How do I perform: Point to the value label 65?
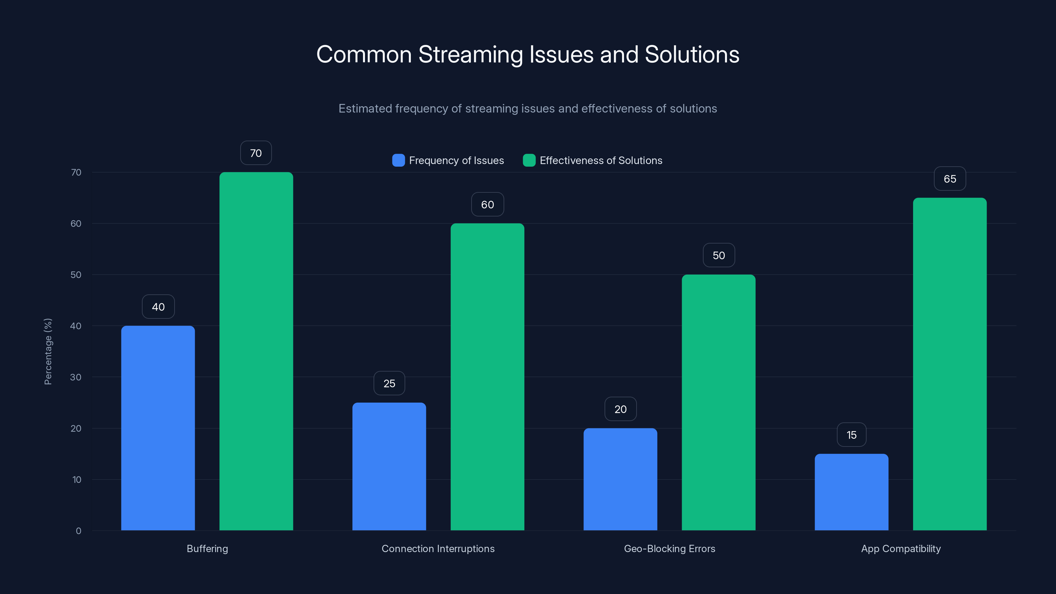coord(950,179)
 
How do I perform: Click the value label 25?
coord(389,383)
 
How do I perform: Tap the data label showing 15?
coord(851,435)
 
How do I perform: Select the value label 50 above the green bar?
coord(719,255)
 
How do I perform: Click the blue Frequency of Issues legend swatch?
coord(398,160)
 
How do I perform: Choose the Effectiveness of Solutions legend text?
coord(601,160)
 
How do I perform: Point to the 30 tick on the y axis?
coord(76,377)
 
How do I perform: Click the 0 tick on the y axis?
coord(78,531)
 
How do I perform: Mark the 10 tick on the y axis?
coord(77,479)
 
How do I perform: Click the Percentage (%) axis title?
coord(48,351)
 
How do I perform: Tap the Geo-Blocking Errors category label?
coord(670,548)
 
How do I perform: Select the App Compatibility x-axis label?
coord(901,548)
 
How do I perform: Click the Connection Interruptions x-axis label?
coord(438,548)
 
